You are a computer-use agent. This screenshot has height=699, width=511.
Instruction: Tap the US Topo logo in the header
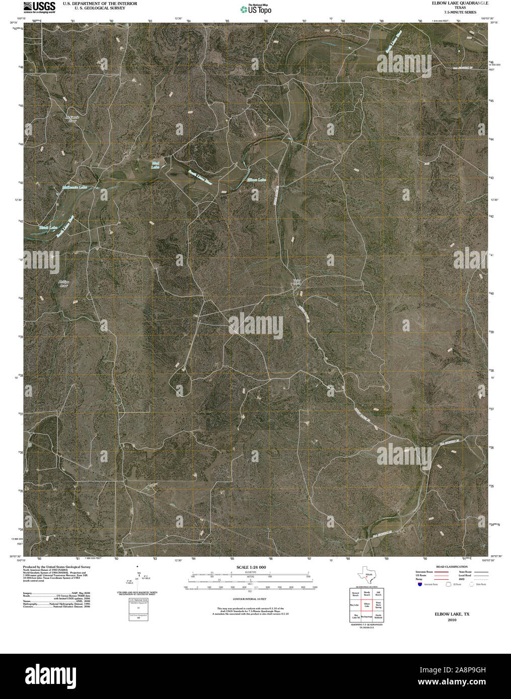click(x=256, y=9)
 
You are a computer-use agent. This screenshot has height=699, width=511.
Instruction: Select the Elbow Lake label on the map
click(x=256, y=179)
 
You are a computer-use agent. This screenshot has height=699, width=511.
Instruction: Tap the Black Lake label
click(x=49, y=228)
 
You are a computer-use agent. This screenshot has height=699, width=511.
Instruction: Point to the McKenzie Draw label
click(x=72, y=119)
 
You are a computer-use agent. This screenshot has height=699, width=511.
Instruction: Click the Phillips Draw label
click(x=63, y=283)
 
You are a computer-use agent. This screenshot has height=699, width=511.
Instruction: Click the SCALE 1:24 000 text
click(x=251, y=567)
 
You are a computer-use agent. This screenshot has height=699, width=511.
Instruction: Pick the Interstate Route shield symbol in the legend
click(x=419, y=584)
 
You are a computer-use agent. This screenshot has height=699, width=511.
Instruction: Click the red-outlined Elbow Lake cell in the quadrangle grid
click(x=367, y=605)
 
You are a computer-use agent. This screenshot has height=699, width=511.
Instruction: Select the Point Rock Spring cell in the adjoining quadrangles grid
click(x=379, y=605)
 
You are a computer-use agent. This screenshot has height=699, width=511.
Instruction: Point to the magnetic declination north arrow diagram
click(x=138, y=578)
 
